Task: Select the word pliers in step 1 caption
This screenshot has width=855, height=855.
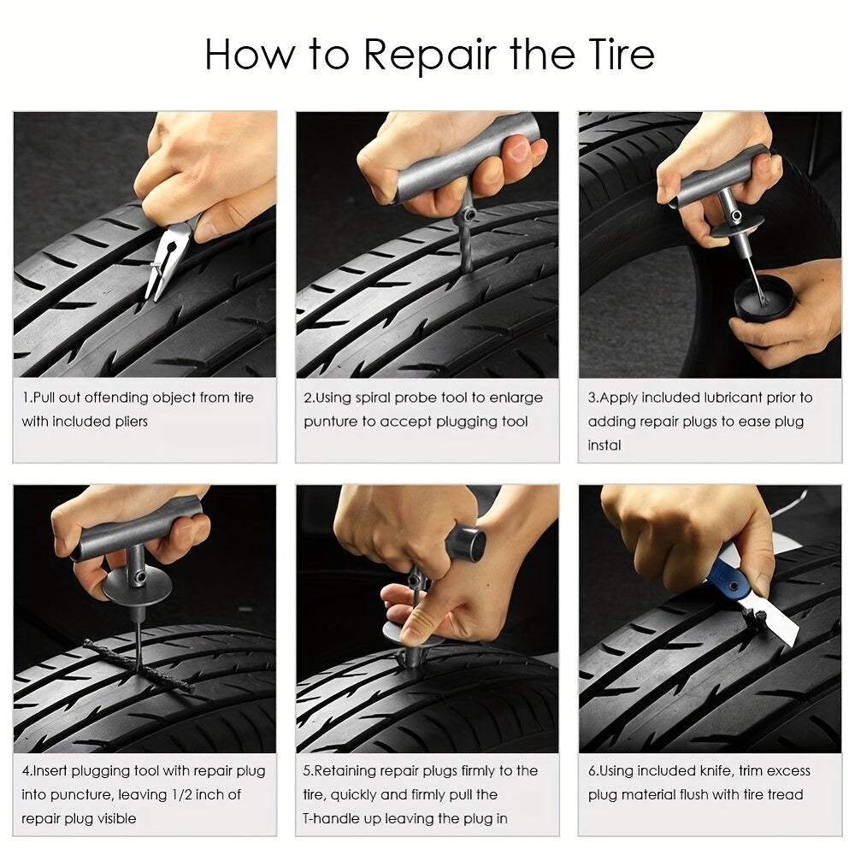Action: pos(124,422)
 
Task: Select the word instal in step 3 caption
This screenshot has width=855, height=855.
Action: pos(604,445)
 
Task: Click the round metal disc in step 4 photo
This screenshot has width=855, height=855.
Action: pos(137,588)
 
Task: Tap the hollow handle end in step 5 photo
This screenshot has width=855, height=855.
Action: pos(469,540)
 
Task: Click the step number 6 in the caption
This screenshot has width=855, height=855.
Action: pos(592,770)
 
